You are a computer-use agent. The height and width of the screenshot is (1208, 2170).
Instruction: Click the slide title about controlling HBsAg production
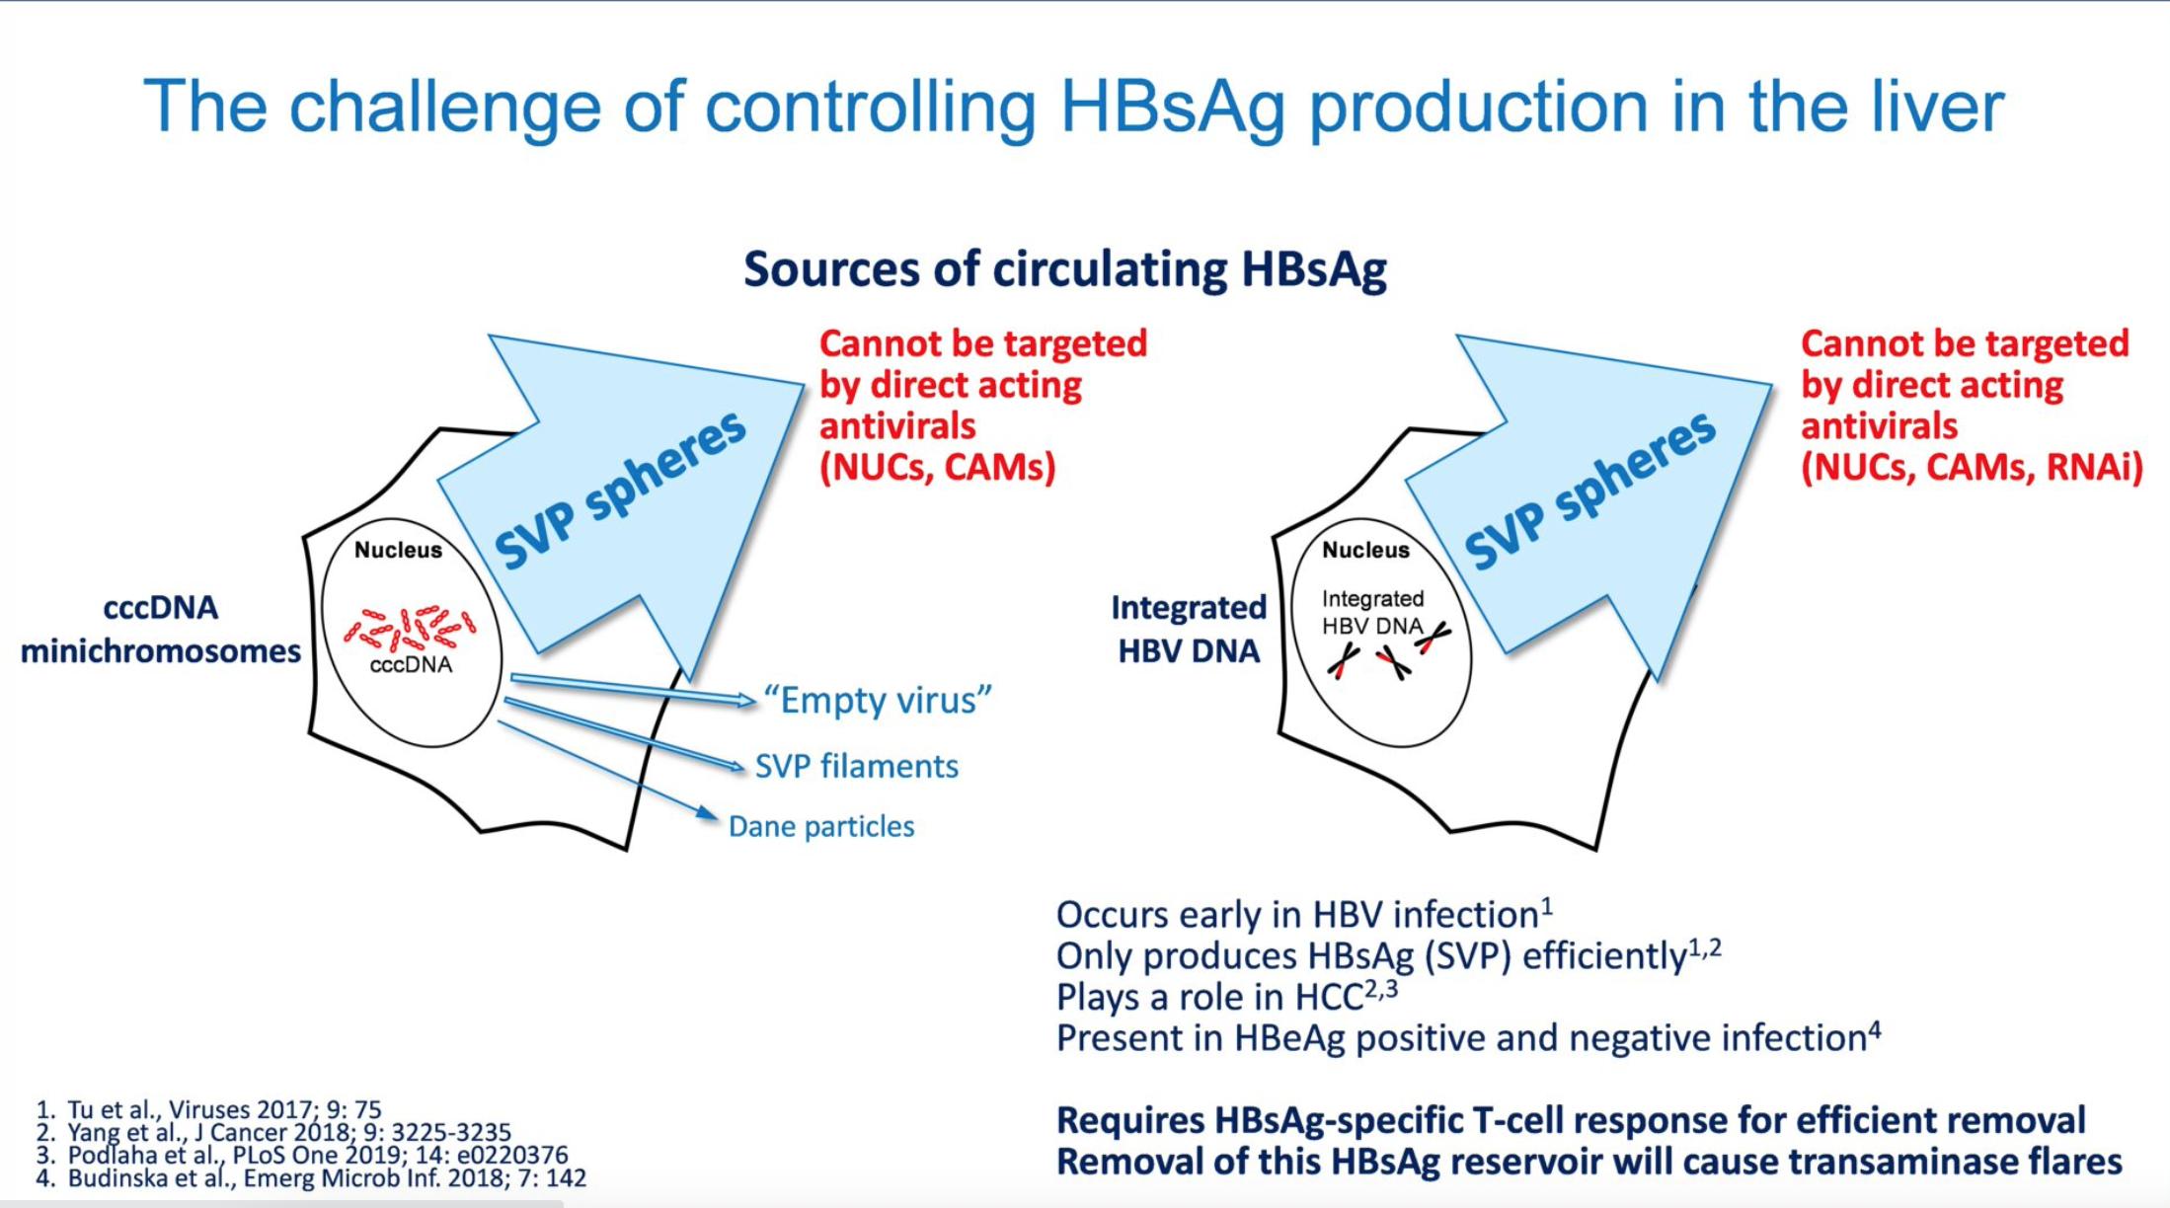tap(1074, 107)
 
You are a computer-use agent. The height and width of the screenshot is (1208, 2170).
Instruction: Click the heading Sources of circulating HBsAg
tap(1065, 268)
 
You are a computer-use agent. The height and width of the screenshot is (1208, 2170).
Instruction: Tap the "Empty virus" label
tap(878, 700)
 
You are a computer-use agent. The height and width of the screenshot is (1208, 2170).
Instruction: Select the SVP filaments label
tap(857, 766)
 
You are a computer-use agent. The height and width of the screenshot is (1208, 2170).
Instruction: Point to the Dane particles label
tap(821, 826)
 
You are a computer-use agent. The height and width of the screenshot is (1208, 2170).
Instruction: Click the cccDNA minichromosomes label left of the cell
tap(161, 629)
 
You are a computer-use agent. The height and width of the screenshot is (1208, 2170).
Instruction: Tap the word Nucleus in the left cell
tap(398, 550)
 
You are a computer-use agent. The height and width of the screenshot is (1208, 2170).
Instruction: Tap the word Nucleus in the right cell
tap(1365, 550)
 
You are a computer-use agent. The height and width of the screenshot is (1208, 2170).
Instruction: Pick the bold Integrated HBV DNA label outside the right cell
tap(1189, 629)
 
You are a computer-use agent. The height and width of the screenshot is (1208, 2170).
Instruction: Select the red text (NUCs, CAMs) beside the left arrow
tap(938, 467)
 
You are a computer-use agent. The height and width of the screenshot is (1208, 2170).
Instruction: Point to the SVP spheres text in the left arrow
tap(620, 490)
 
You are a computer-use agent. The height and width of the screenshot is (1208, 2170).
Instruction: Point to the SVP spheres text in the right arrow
tap(1589, 490)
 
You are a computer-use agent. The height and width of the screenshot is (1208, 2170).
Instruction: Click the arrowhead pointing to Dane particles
tap(707, 813)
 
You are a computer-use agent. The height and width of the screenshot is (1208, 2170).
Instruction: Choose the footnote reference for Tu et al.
tap(208, 1109)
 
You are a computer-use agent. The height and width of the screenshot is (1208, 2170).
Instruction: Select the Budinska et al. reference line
tap(311, 1177)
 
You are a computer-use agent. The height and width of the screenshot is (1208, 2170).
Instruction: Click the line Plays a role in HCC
tap(1227, 997)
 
